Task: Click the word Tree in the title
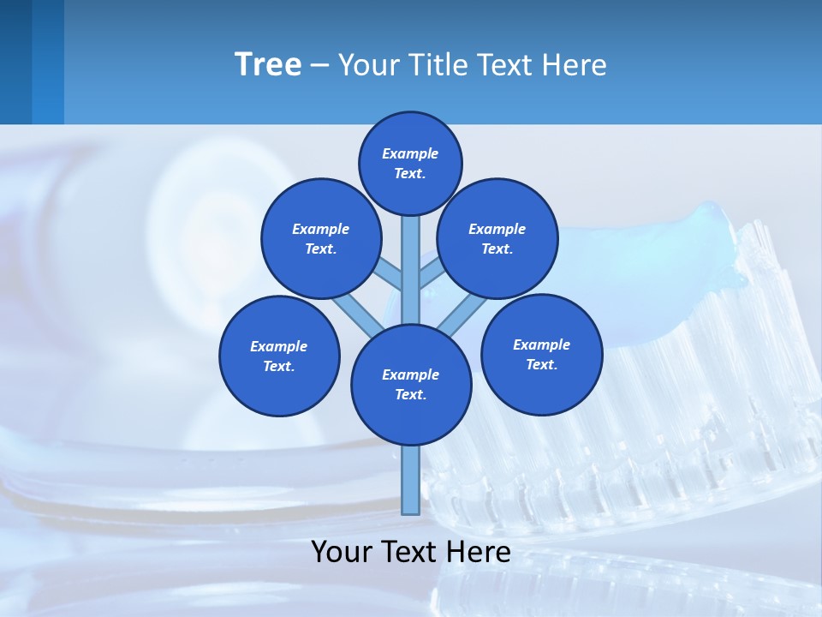tap(268, 65)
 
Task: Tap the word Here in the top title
tap(575, 65)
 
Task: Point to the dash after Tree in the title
tap(319, 66)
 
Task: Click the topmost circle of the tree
tap(410, 163)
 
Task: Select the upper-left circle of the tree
tap(321, 238)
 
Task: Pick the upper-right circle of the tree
tap(497, 238)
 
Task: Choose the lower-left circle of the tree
tap(279, 356)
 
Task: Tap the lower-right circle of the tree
tap(541, 354)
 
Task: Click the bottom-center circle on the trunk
tap(411, 384)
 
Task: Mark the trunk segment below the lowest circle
tap(411, 480)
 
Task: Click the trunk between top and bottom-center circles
tap(411, 270)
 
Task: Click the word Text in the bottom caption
tap(412, 552)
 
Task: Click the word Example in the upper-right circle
tap(497, 229)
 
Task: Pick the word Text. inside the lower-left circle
tap(279, 366)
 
